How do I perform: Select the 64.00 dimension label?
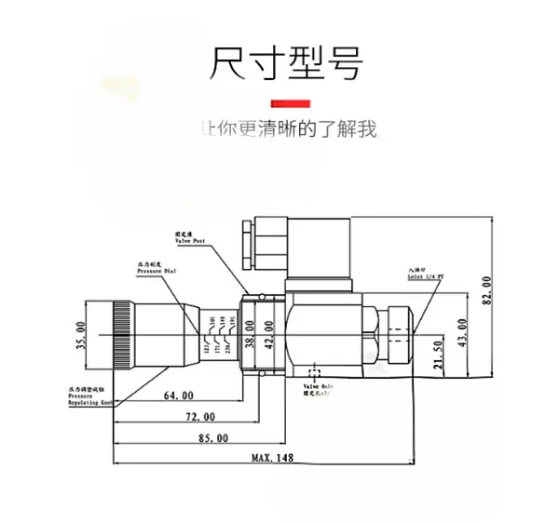click(177, 396)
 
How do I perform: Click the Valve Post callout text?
click(190, 238)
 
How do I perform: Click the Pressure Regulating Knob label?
click(89, 396)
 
